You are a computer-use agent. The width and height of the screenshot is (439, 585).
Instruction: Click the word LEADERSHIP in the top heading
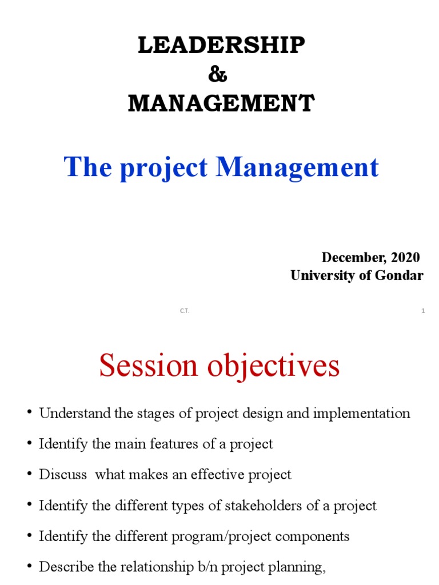coord(221,46)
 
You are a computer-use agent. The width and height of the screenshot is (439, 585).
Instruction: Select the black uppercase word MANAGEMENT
coord(221,104)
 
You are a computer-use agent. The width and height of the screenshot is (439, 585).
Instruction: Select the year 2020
coord(405,257)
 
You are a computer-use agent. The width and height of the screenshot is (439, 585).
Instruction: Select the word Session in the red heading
coord(148,366)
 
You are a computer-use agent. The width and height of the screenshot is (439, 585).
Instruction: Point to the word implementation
coord(361,414)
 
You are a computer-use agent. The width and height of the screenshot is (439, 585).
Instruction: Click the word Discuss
coord(63,475)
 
